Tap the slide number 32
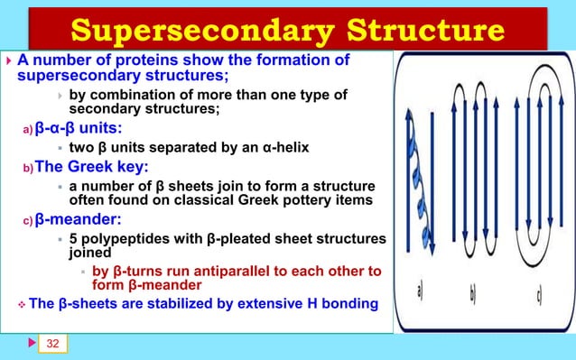pos(53,344)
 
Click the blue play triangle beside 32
pos(31,344)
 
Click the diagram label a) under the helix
pos(422,291)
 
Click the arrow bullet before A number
pos(9,61)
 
